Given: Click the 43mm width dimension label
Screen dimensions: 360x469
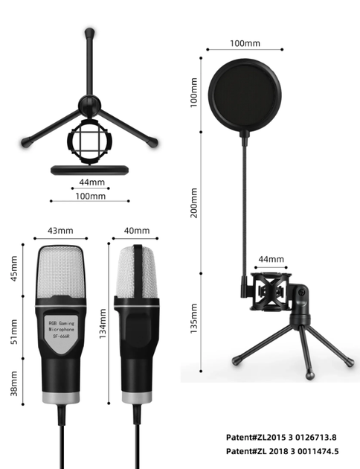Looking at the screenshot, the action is coord(60,231).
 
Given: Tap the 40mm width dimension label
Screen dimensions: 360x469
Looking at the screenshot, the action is coord(137,231).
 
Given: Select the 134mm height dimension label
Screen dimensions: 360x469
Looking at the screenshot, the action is coord(103,324).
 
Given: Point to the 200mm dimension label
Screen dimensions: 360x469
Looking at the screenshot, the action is coord(194,203).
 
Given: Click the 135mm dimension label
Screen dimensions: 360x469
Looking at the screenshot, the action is coord(194,319).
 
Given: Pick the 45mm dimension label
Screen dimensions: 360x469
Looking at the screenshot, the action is coord(14,269).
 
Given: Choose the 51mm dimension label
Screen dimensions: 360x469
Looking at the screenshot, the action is coord(14,332).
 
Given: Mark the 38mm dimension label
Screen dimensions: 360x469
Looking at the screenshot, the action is coord(14,383).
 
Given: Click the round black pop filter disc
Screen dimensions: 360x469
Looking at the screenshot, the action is coord(245,95).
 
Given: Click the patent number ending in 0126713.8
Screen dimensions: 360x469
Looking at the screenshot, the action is coord(281,437).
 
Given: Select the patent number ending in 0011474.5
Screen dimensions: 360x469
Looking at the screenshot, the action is coord(282,451).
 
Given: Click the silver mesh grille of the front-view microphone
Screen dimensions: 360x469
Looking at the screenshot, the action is coord(60,272).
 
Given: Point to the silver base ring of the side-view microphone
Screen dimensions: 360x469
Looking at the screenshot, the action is coord(137,398).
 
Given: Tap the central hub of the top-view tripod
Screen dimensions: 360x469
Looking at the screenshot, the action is coord(89,106).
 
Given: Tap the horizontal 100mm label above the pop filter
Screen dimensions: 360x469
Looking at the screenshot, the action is coord(245,43).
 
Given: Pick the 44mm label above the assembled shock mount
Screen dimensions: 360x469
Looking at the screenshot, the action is coord(271,259).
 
